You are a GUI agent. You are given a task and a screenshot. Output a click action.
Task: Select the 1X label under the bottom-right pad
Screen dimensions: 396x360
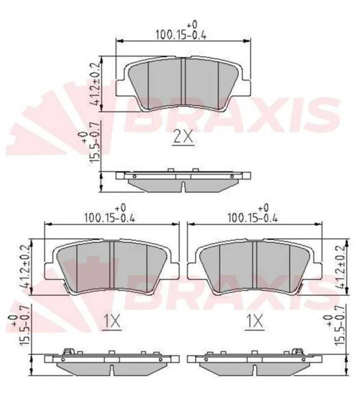(255, 321)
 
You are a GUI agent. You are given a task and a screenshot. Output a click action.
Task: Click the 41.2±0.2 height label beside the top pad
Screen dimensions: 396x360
(97, 84)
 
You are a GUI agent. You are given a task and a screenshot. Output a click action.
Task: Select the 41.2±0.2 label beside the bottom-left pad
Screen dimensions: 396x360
(26, 267)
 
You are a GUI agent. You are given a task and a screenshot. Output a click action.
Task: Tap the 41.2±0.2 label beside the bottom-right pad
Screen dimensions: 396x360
(340, 267)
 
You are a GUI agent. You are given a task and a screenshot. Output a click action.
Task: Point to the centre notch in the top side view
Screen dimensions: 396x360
(183, 187)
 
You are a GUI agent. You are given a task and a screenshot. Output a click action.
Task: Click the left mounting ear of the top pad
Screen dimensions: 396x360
(121, 87)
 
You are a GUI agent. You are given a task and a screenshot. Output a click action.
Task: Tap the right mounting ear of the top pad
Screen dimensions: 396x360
(245, 87)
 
